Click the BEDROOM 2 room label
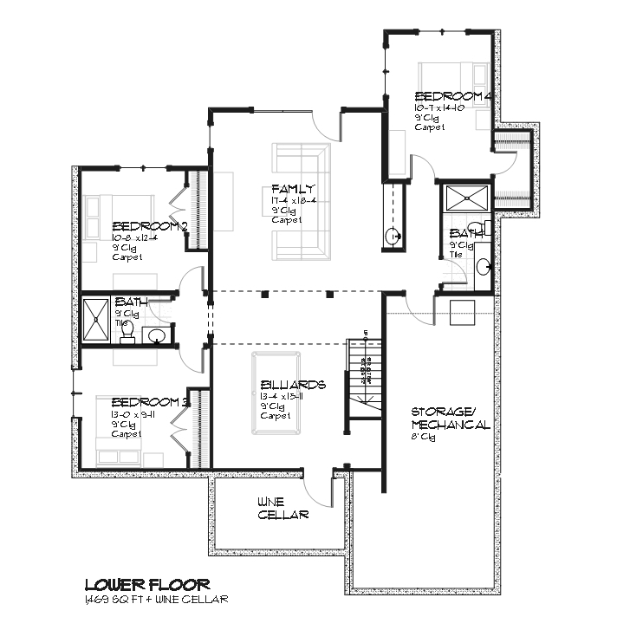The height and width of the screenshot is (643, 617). [x=149, y=226]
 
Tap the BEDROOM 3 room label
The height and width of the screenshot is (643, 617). [x=150, y=402]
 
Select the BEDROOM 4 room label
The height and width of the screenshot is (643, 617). [x=453, y=96]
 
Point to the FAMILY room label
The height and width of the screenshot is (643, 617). [x=292, y=189]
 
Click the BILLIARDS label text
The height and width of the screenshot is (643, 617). [x=293, y=384]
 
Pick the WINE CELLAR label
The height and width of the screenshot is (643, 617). [x=283, y=508]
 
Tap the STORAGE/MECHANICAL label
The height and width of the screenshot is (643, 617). [x=450, y=419]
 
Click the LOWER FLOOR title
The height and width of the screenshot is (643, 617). [x=146, y=585]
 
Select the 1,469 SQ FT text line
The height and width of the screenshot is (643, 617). [x=156, y=600]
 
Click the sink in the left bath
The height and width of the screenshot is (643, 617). [x=158, y=335]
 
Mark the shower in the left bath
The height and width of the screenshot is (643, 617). [x=95, y=319]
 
